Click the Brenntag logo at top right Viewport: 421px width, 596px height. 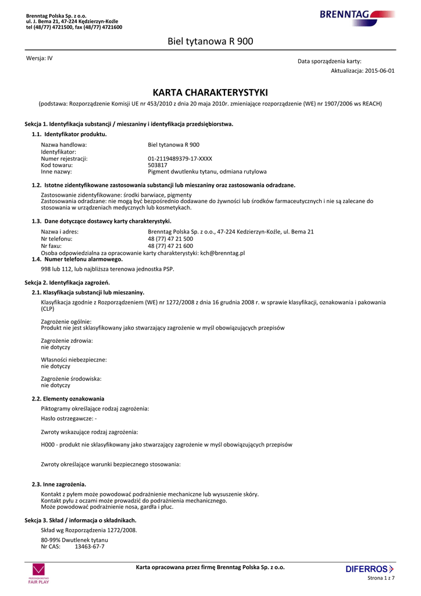click(356, 15)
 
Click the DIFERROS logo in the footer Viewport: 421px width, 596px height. click(369, 569)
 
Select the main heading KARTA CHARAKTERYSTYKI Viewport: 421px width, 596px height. click(210, 93)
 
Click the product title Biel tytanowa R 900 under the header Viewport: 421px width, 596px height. click(210, 41)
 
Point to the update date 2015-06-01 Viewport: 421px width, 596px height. click(380, 70)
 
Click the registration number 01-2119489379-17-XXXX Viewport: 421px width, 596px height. click(180, 158)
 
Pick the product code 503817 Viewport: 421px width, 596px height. click(158, 165)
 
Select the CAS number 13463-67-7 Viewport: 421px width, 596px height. click(90, 547)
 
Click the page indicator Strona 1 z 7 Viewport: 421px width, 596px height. click(381, 578)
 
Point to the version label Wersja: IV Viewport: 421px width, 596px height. click(40, 58)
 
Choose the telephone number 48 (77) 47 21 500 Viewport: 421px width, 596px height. click(170, 239)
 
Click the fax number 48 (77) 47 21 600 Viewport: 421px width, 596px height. click(170, 246)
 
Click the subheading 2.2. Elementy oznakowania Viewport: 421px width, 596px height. click(68, 399)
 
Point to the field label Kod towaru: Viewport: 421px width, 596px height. click(56, 165)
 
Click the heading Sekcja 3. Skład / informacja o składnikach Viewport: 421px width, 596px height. click(80, 520)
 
